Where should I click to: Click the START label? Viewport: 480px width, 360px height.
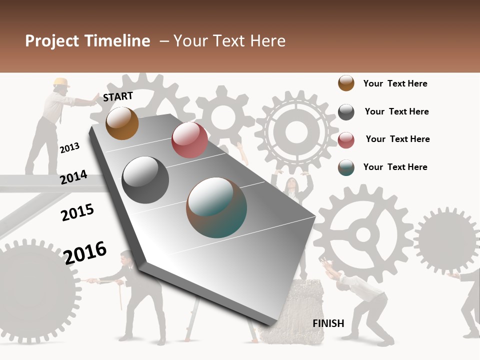[x=118, y=96]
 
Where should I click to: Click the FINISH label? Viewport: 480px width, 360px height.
[x=328, y=323]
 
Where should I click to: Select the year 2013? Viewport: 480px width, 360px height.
[x=69, y=148]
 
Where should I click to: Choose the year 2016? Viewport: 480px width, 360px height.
[x=85, y=252]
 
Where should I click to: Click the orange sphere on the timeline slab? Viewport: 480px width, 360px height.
[x=122, y=123]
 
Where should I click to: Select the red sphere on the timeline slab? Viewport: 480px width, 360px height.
[x=189, y=140]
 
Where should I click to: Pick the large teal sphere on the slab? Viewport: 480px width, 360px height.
[x=216, y=207]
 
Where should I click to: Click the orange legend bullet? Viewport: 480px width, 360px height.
[x=346, y=83]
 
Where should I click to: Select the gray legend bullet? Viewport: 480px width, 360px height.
[x=346, y=112]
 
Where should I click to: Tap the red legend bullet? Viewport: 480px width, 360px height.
[x=346, y=140]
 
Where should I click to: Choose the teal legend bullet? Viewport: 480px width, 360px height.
[x=346, y=167]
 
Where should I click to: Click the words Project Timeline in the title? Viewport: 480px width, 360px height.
[x=87, y=41]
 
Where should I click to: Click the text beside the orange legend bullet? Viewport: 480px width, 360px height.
[x=395, y=83]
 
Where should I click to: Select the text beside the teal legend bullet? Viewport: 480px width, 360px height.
[x=395, y=167]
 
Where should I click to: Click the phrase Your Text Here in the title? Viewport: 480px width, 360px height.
[x=229, y=41]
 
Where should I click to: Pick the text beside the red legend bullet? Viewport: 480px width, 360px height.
[x=397, y=139]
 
